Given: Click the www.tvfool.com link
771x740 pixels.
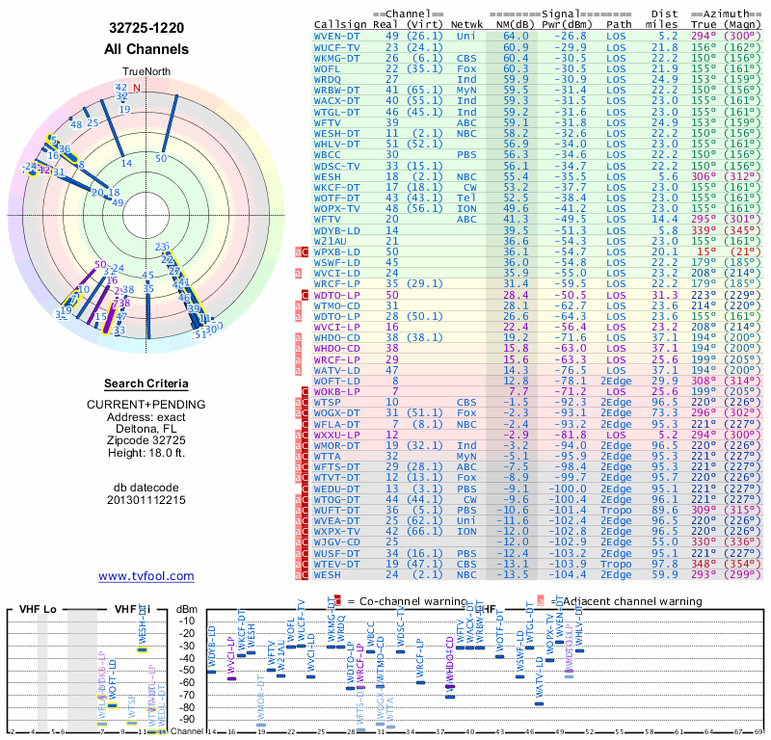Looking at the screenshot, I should pyautogui.click(x=146, y=576).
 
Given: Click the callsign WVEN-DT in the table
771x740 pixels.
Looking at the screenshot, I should pyautogui.click(x=337, y=37).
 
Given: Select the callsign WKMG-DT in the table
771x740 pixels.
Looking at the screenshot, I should pyautogui.click(x=337, y=58).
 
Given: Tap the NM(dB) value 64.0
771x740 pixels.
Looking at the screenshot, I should pyautogui.click(x=515, y=37).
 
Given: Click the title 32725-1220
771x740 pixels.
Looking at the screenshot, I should pyautogui.click(x=146, y=29).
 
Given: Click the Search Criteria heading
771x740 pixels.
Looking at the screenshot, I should pyautogui.click(x=146, y=383).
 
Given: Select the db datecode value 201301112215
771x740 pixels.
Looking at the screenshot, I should pyautogui.click(x=146, y=500).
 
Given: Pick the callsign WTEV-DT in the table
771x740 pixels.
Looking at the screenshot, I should pyautogui.click(x=337, y=564).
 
